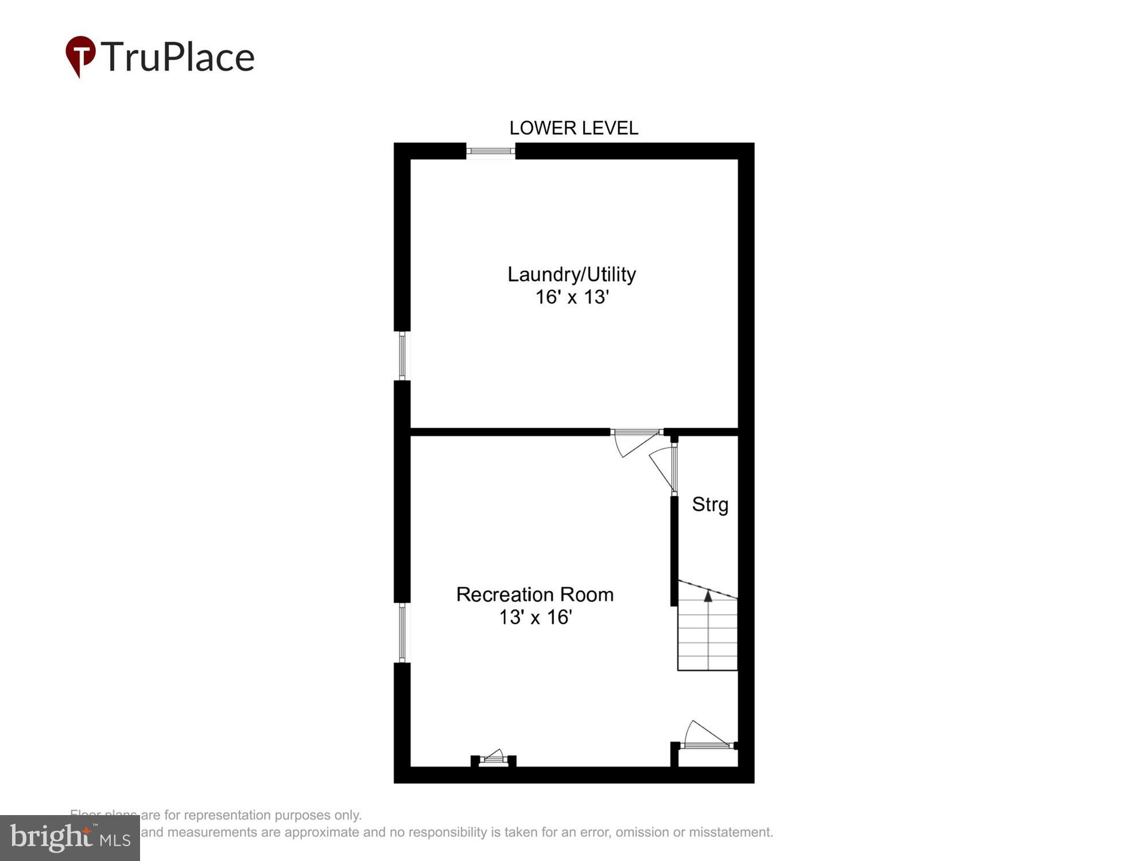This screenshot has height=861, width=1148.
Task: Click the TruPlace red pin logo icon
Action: [x=80, y=56]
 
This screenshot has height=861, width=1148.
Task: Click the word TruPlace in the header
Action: [x=178, y=57]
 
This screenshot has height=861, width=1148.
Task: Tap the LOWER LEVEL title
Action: [x=573, y=128]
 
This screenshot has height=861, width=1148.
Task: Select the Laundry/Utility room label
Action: [x=572, y=274]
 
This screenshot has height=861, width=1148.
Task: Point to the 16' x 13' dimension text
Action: [x=572, y=297]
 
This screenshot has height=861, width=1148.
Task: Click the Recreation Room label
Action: [x=535, y=595]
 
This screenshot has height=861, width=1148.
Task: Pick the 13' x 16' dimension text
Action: [x=535, y=618]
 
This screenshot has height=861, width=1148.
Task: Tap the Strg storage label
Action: [x=710, y=505]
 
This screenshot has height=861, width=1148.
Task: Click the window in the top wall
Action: [x=491, y=151]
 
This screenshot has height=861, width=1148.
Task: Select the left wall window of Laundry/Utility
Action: [x=402, y=356]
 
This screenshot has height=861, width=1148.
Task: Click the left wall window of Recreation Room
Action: [x=402, y=633]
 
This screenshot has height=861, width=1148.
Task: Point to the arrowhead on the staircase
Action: [x=708, y=596]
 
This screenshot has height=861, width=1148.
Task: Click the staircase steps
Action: [x=708, y=637]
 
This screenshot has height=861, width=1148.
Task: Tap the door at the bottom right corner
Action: [x=707, y=738]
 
